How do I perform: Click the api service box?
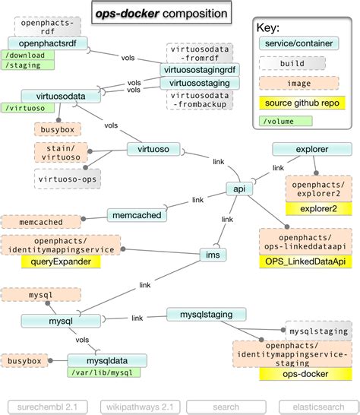pyautogui.click(x=238, y=188)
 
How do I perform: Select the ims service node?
pyautogui.click(x=213, y=254)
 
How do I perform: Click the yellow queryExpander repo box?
pyautogui.click(x=62, y=261)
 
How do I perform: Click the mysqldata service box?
pyautogui.click(x=99, y=360)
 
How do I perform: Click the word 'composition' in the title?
pyautogui.click(x=191, y=14)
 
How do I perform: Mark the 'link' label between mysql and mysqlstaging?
pyautogui.click(x=137, y=318)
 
